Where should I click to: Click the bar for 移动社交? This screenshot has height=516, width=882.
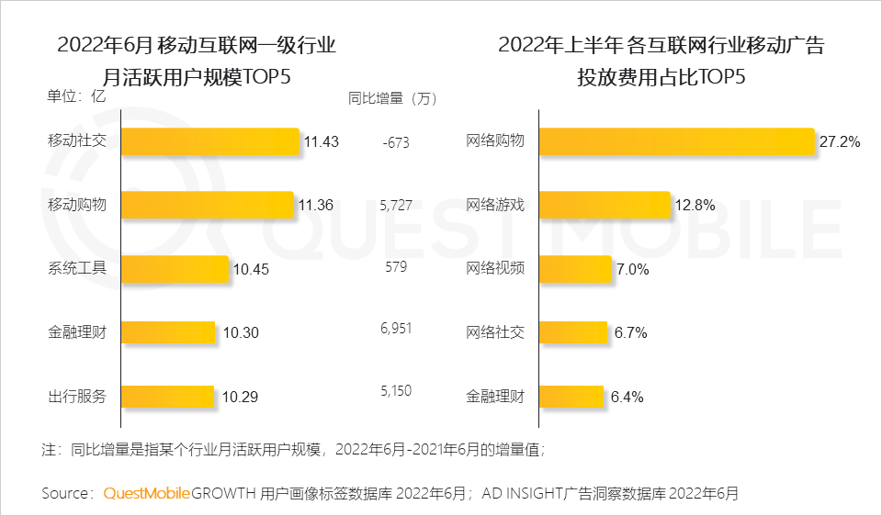coord(209,141)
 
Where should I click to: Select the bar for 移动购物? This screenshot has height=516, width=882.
coord(207,205)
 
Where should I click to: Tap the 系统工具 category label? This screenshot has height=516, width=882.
coord(77,268)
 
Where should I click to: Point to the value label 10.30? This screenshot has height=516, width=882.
coord(241,333)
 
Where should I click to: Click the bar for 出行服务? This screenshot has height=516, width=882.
coord(167,398)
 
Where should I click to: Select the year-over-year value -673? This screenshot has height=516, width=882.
coord(395,142)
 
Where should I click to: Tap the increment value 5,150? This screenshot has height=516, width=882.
coord(395,391)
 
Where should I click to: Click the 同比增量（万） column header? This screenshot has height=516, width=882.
coord(392,97)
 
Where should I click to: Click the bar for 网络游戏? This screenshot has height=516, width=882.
coord(605,205)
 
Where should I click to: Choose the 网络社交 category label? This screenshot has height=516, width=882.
coord(495,332)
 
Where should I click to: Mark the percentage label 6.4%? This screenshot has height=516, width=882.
coord(627,398)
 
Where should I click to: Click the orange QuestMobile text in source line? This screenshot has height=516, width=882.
coord(147,493)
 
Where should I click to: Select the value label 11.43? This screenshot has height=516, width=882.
coord(322,142)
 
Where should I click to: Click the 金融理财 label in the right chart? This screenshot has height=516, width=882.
coord(495,397)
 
